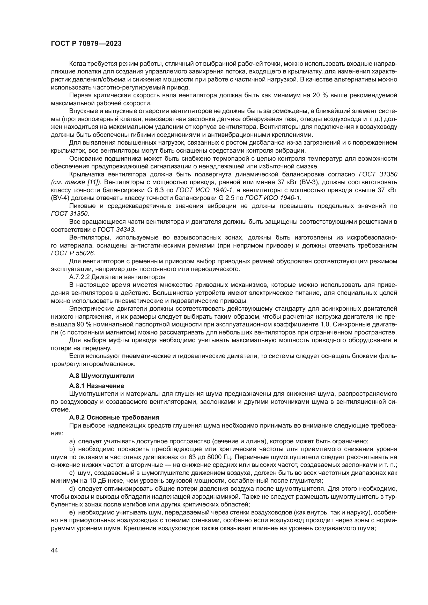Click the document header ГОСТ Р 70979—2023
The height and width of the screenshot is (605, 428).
[x=86, y=44]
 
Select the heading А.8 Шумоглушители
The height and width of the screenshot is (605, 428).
[x=101, y=376]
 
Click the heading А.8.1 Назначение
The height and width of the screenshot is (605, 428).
[x=97, y=386]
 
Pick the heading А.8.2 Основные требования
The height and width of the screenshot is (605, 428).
[x=114, y=417]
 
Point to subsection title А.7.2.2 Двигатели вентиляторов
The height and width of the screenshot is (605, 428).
[x=117, y=277]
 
